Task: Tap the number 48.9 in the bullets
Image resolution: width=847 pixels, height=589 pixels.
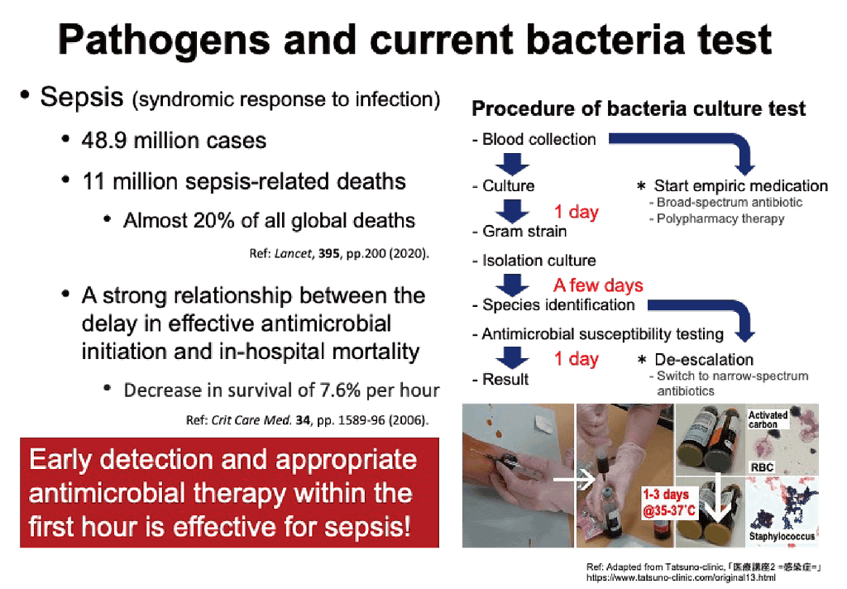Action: click(x=104, y=141)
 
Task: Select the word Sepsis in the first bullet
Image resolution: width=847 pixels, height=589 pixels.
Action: click(x=82, y=98)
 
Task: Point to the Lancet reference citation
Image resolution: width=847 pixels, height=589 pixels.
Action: click(x=339, y=253)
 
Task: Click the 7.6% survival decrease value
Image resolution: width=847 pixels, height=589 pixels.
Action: click(x=340, y=390)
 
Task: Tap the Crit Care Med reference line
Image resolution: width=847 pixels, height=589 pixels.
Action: click(x=308, y=420)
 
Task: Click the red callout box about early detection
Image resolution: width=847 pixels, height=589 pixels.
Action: click(x=230, y=493)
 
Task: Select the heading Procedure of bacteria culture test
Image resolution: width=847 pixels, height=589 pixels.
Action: click(x=639, y=108)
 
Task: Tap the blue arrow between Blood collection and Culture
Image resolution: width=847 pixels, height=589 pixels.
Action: click(x=512, y=164)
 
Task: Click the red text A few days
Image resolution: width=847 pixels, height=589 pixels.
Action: click(x=598, y=285)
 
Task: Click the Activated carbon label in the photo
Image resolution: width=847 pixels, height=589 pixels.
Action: click(x=768, y=419)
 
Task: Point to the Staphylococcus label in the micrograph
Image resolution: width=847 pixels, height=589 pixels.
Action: click(x=782, y=536)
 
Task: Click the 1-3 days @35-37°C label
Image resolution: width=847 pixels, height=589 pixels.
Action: click(x=668, y=502)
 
